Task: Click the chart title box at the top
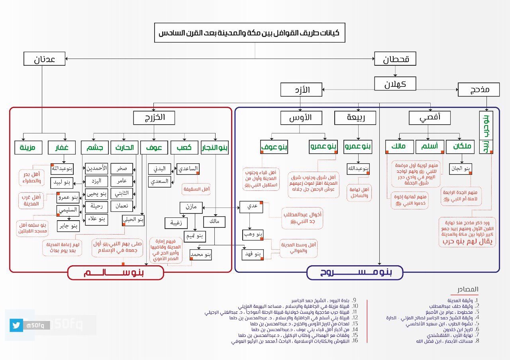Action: pos(249,33)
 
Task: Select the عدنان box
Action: pos(44,60)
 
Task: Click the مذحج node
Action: pos(479,89)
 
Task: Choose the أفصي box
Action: pos(430,117)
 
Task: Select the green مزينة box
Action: pos(28,147)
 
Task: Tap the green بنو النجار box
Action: pos(215,147)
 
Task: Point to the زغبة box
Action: pos(176,223)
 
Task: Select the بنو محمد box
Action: pos(200,254)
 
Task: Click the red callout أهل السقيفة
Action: pos(196,189)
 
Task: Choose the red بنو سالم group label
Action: pos(116,273)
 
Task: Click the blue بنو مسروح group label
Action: pos(355,273)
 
